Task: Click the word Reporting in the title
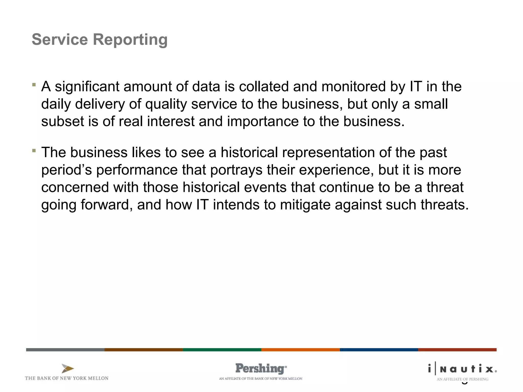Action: point(130,40)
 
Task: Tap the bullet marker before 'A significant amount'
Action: point(34,84)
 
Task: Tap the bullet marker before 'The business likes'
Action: point(34,151)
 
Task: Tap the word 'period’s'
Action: point(67,170)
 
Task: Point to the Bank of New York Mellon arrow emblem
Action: point(68,369)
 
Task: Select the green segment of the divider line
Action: point(222,350)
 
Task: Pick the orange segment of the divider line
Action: point(300,350)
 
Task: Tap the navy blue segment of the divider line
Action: point(379,350)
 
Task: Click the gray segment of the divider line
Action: point(65,350)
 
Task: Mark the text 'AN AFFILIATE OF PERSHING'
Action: point(462,379)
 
